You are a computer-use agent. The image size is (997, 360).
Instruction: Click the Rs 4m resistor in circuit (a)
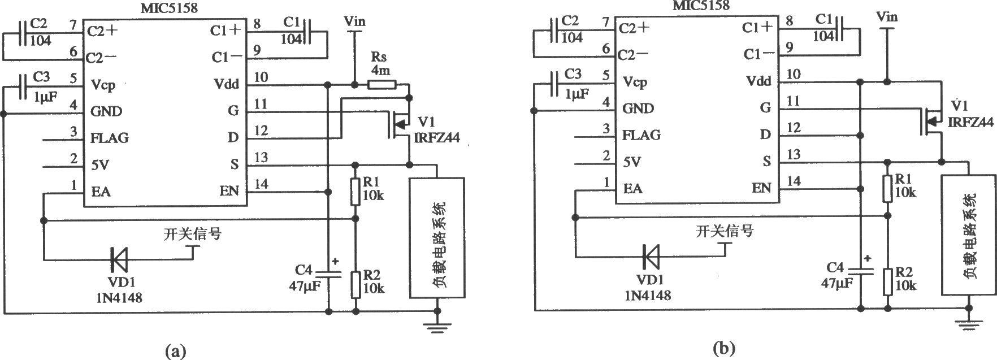point(383,85)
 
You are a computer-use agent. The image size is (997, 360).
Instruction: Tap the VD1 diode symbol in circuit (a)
point(120,260)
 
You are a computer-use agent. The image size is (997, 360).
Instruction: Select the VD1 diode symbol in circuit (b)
point(652,257)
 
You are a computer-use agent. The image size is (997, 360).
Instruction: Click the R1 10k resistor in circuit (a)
point(356,191)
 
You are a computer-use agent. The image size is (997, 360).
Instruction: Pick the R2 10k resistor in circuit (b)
point(887,281)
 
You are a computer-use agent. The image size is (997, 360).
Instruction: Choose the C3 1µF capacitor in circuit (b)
point(556,83)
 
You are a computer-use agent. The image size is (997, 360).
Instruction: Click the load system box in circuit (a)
point(437,237)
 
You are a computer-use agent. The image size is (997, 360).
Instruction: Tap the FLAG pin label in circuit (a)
point(110,138)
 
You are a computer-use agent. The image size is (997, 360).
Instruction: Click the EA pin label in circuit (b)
point(633,188)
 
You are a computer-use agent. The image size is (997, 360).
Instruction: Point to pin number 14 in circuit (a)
point(262,184)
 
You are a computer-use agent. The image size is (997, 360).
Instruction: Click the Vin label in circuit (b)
point(886,16)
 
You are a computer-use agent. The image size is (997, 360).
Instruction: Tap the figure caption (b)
point(724,348)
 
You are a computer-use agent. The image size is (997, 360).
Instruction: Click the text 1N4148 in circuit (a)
point(119,297)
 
